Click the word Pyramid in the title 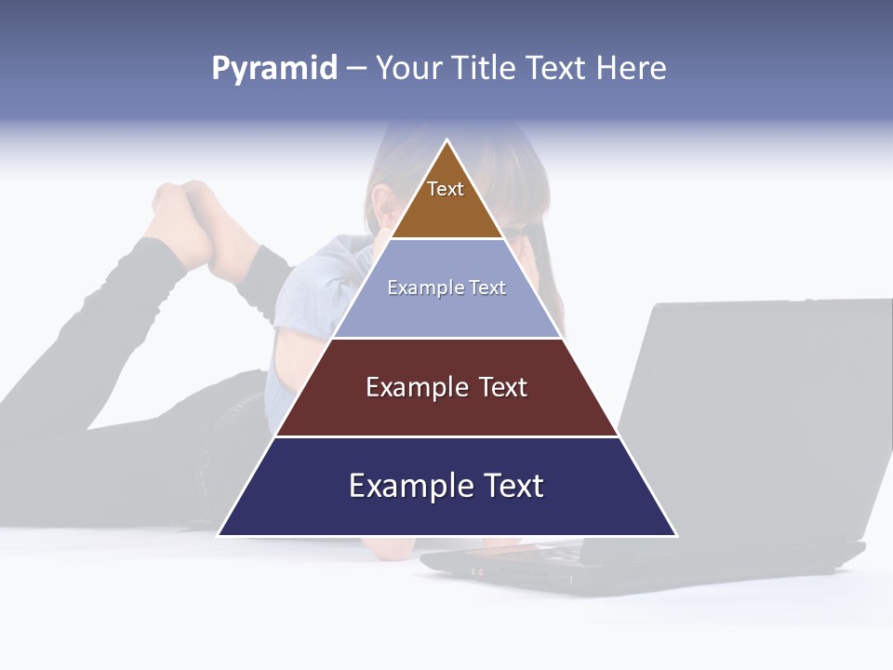click(x=274, y=69)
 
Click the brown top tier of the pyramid click(x=446, y=209)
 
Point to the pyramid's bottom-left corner click(x=220, y=535)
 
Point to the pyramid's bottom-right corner click(x=675, y=535)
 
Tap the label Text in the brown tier click(x=446, y=189)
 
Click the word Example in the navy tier click(x=405, y=486)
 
